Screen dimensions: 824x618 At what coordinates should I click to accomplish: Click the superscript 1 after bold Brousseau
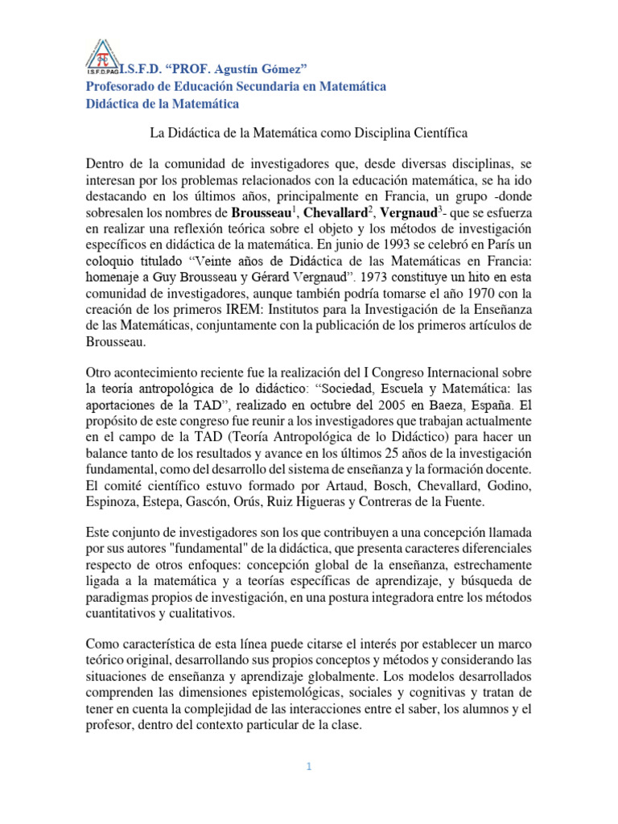point(295,208)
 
